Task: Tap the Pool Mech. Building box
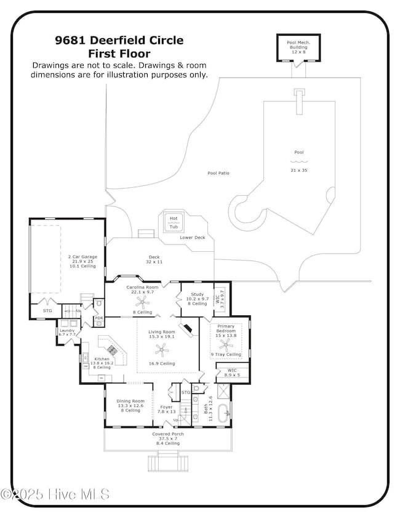coord(298,47)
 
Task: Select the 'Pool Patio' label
coord(218,174)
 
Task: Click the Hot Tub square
coord(174,223)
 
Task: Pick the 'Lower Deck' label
coord(192,237)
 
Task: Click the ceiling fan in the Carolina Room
coord(143,302)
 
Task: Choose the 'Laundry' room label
coord(66,331)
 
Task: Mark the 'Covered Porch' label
coord(168,434)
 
